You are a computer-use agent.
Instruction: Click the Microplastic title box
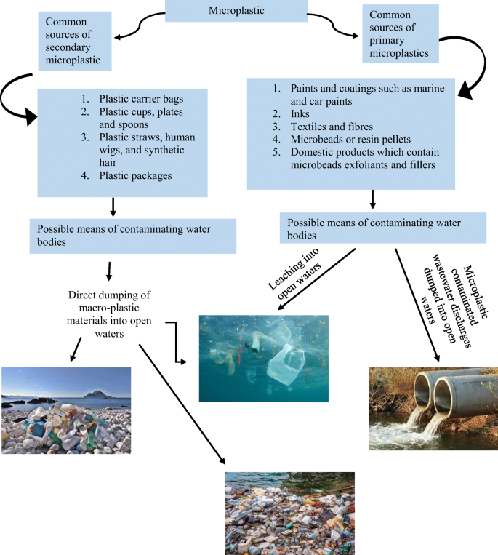pos(248,11)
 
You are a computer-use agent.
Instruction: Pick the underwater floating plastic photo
pos(263,358)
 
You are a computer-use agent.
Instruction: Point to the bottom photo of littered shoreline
pos(289,512)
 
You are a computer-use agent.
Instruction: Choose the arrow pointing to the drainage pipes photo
pos(419,306)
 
